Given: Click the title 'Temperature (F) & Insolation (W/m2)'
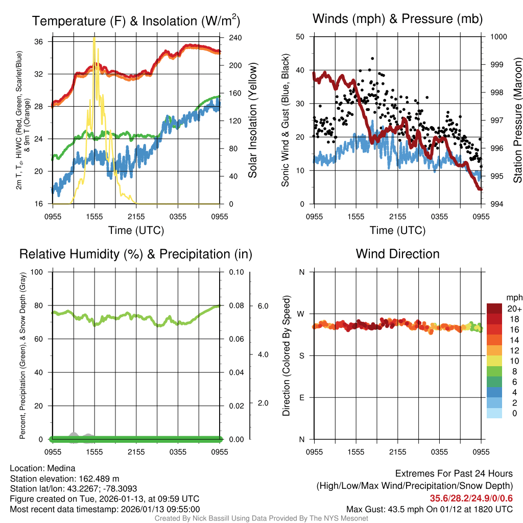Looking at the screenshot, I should [136, 21].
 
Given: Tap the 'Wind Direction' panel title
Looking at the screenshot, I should [397, 254].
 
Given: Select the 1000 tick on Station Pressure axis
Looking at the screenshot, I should [498, 37].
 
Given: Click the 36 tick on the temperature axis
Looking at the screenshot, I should [44, 41].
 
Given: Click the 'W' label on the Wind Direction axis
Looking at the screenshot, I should [301, 314].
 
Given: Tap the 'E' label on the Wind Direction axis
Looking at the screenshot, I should [301, 397].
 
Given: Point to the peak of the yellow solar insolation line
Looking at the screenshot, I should [94, 38].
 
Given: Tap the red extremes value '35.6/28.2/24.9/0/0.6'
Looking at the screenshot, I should [471, 498].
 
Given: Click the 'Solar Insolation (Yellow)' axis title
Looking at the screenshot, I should [253, 121].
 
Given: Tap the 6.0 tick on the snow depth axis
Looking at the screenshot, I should [263, 306].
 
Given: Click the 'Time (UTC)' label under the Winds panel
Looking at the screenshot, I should [397, 230].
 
